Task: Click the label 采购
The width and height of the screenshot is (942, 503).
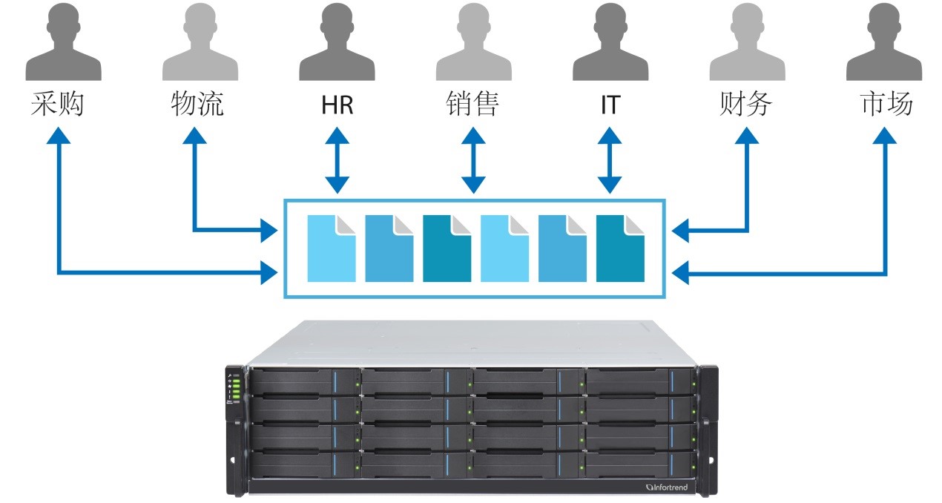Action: click(x=57, y=105)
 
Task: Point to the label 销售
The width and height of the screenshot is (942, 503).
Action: click(x=473, y=105)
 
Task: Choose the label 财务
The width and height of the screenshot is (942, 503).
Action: click(x=746, y=105)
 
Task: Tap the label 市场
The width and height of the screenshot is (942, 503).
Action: click(x=886, y=105)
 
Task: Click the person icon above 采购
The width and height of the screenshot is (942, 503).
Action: click(x=63, y=44)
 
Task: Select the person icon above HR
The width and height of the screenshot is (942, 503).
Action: click(x=337, y=44)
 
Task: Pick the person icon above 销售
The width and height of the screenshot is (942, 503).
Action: click(x=473, y=44)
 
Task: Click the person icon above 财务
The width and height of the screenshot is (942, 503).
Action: click(x=747, y=44)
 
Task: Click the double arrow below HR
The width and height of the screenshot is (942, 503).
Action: click(x=337, y=160)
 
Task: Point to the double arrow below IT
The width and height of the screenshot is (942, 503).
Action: click(x=610, y=160)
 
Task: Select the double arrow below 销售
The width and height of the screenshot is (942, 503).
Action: click(x=473, y=160)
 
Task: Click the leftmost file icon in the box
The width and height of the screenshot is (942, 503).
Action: click(x=332, y=249)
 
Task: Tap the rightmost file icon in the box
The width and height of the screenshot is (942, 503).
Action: click(x=620, y=249)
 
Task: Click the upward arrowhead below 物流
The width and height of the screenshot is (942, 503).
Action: click(x=194, y=138)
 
